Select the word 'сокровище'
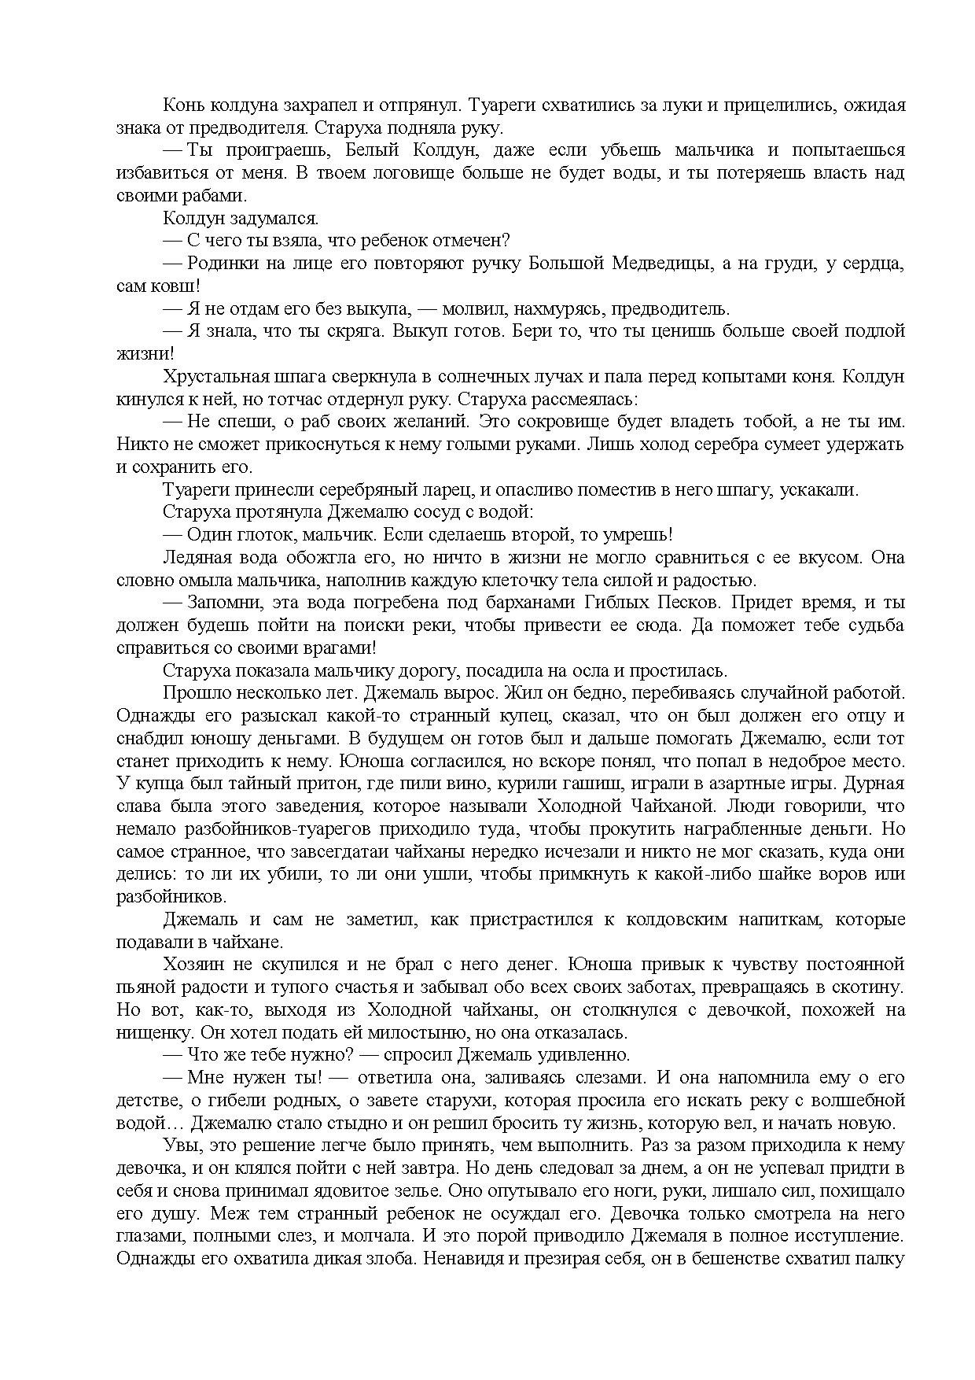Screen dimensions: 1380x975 coord(573,422)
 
